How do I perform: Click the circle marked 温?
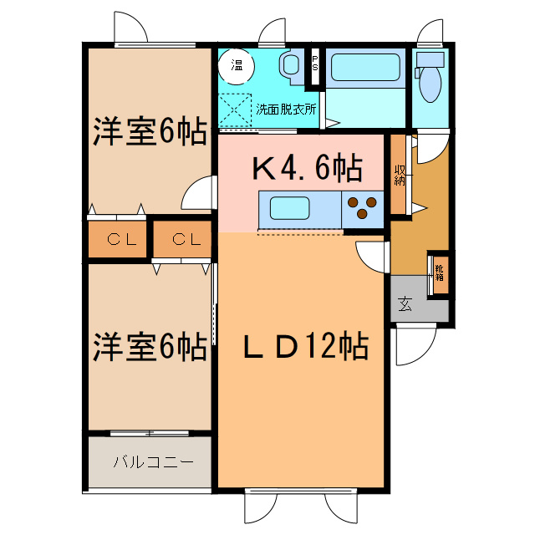(236, 66)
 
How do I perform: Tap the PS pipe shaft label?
(314, 64)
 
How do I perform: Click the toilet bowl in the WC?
(431, 84)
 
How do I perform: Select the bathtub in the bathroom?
(365, 68)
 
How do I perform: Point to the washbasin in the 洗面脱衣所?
(291, 65)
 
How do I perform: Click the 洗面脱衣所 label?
(286, 110)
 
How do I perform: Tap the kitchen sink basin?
(290, 208)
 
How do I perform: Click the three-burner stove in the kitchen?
(362, 209)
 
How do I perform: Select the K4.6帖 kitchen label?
(307, 168)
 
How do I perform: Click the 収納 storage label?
(400, 176)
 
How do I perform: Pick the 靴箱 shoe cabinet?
(440, 274)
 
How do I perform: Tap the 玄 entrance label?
(405, 304)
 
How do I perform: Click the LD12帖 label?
(306, 347)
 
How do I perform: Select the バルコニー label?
(153, 462)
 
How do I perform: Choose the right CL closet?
(182, 240)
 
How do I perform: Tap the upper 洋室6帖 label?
(150, 132)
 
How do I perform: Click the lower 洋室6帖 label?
(150, 347)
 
